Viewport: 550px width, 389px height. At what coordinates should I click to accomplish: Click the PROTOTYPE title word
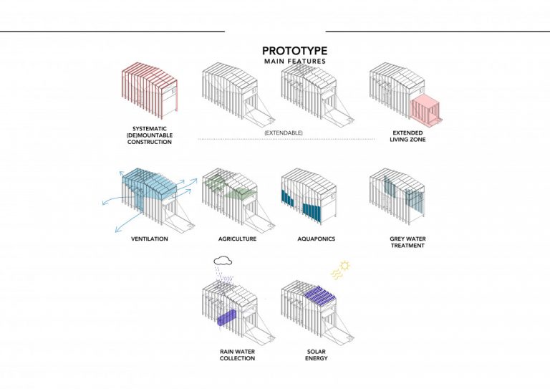pyautogui.click(x=294, y=51)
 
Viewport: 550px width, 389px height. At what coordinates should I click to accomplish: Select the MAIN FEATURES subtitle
pyautogui.click(x=294, y=62)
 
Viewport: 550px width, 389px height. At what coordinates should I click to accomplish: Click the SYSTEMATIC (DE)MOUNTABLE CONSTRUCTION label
pyautogui.click(x=153, y=135)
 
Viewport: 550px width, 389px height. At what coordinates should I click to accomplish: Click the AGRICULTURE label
pyautogui.click(x=237, y=239)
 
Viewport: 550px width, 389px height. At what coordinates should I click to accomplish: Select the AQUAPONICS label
pyautogui.click(x=315, y=239)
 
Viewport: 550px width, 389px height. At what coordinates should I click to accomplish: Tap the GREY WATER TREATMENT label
pyautogui.click(x=407, y=242)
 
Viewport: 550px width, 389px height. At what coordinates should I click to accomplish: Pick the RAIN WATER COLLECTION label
pyautogui.click(x=237, y=355)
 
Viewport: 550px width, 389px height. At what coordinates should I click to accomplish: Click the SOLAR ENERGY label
pyautogui.click(x=316, y=355)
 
